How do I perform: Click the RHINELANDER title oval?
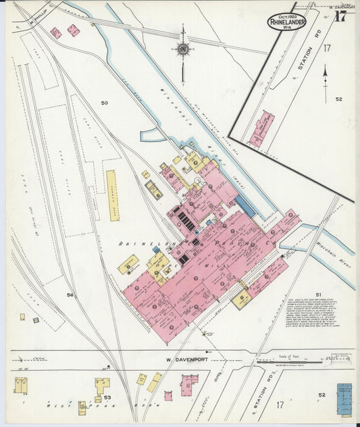point(286,22)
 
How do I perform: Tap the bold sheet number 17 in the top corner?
point(341,17)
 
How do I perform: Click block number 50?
point(104,103)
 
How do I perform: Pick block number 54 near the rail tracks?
point(70,295)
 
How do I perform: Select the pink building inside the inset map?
point(261,129)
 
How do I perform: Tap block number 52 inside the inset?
point(338,99)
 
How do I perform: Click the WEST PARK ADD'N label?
point(88,405)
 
